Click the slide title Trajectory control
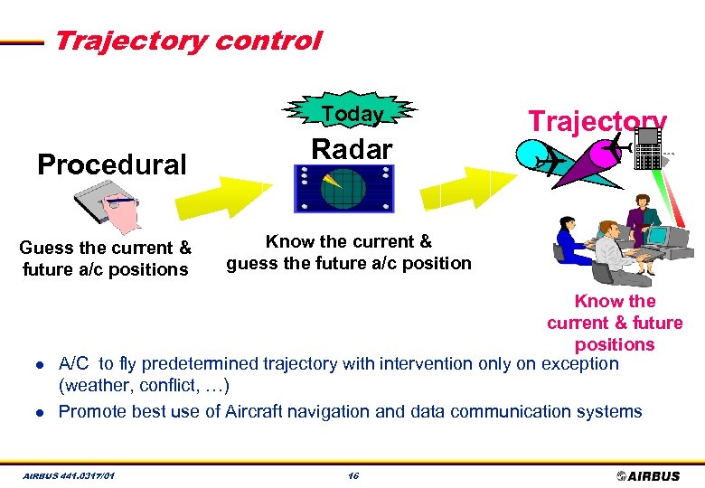[187, 41]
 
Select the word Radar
[352, 149]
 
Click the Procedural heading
[111, 164]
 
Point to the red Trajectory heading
[597, 121]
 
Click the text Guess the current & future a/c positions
[105, 258]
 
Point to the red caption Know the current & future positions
[615, 323]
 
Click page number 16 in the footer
[352, 475]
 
